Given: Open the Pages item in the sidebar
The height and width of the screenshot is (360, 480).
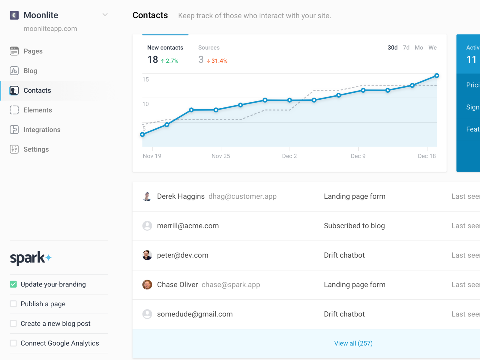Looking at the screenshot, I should coord(33,51).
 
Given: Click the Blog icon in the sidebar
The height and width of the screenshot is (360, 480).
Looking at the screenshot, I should coord(14,71).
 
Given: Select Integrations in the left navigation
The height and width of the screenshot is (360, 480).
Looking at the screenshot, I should coord(42,130).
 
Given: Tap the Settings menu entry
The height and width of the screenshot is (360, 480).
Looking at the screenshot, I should coord(36,149).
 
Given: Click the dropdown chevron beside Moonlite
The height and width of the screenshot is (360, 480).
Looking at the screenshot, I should coord(105,15).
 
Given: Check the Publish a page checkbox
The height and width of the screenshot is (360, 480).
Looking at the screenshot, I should coord(13,304).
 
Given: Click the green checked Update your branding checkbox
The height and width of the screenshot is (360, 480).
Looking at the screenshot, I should coord(13,284).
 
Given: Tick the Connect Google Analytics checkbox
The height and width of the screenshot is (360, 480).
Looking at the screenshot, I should coord(13,343).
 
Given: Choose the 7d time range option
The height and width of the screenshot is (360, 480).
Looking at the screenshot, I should coord(406,48).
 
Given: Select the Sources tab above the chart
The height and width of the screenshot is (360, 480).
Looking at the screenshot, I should coord(209,48).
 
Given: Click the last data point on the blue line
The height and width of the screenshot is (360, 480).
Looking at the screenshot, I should coord(437,76).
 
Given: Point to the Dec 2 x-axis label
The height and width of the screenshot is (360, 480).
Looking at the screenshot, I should coord(289,156).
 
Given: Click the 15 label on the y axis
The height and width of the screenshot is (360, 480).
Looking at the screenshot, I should coord(145,79).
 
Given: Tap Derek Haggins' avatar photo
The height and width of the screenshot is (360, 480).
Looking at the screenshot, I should coord(147,196).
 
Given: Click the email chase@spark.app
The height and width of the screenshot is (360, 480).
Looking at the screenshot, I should coord(231,285).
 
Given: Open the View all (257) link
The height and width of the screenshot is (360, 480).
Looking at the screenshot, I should coord(353,343).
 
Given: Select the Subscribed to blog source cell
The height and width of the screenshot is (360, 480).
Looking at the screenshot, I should coord(354,226).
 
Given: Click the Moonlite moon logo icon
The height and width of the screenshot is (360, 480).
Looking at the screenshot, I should coord(14,15).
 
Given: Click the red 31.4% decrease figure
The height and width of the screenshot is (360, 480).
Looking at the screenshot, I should coord(219,61).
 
